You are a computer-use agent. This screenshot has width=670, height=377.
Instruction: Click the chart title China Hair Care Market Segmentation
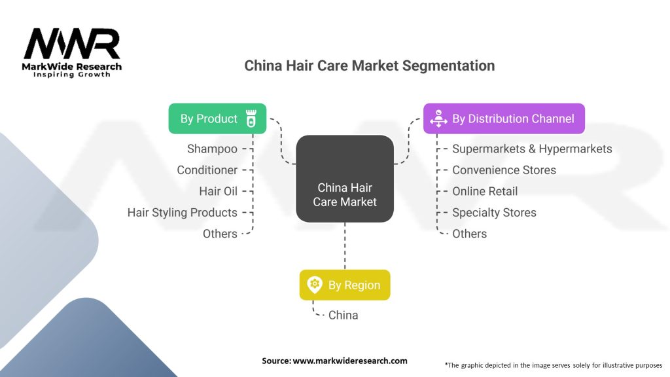click(x=369, y=65)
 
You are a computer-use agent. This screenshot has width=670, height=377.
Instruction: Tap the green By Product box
click(x=217, y=118)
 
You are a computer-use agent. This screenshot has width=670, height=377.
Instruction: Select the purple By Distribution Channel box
click(x=503, y=118)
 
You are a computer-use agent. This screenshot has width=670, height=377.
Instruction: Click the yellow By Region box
click(x=344, y=285)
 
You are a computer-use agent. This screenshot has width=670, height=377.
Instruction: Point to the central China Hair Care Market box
click(x=345, y=195)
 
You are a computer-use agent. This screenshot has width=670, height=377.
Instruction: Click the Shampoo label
click(x=212, y=149)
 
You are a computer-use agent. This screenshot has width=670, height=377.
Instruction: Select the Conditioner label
click(x=207, y=170)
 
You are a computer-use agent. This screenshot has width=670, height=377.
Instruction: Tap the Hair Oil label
click(x=218, y=191)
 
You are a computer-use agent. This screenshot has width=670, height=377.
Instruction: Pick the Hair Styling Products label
click(x=182, y=213)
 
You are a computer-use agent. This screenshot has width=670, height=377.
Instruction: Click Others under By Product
click(x=220, y=234)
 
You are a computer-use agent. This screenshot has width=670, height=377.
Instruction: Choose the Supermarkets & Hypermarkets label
click(x=532, y=149)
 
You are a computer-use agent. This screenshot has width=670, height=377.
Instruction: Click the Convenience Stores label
click(x=504, y=170)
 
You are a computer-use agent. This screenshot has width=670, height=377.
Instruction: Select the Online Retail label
click(x=485, y=191)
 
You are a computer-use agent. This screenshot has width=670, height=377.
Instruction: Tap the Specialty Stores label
click(x=494, y=213)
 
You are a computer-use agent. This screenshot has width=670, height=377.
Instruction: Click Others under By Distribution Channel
click(x=469, y=234)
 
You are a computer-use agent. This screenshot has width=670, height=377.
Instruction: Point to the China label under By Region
click(x=343, y=315)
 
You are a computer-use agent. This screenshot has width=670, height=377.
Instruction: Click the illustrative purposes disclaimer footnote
click(x=553, y=365)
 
